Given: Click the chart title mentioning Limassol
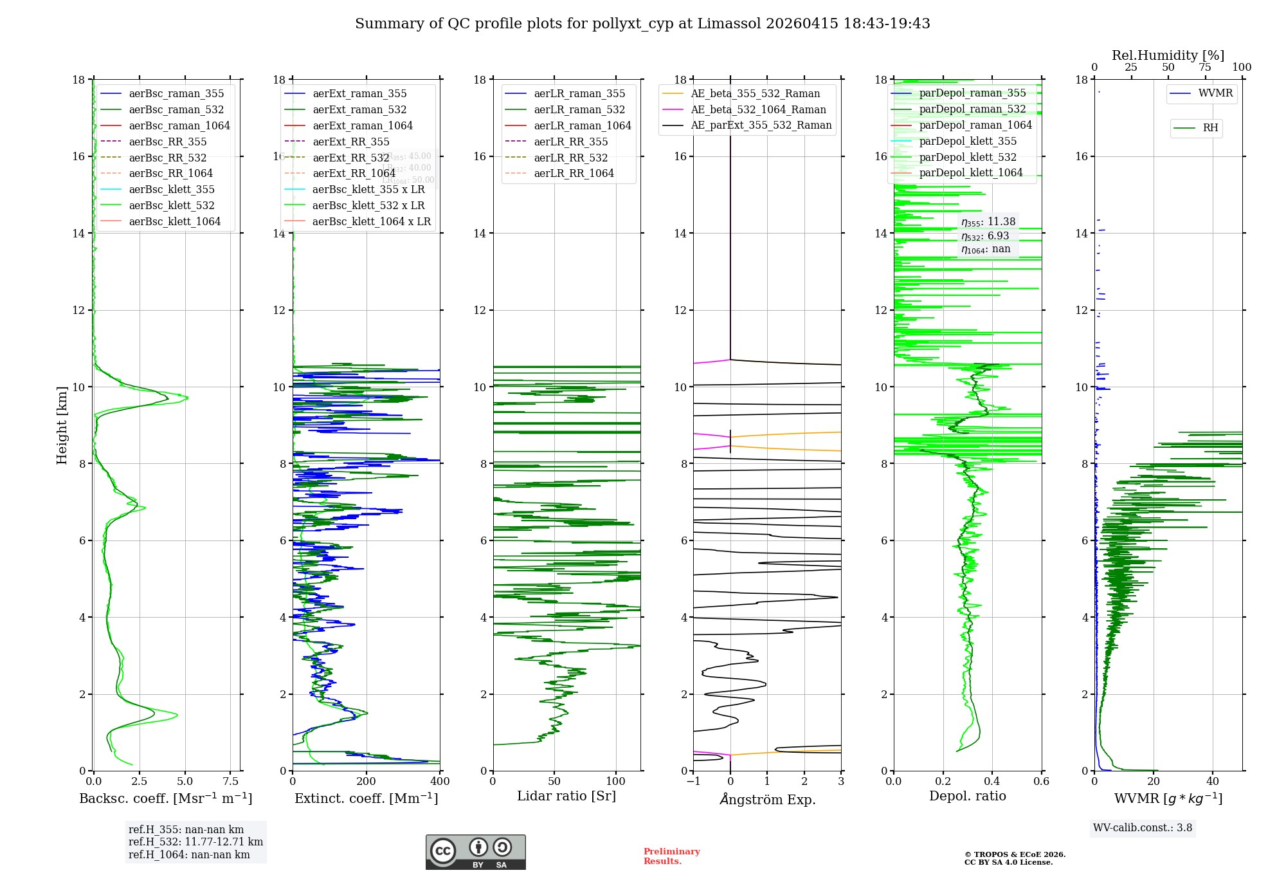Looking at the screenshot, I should coord(642,24).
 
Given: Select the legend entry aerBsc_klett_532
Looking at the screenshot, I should coord(171,205).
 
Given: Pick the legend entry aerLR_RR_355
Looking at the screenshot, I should coord(570,142).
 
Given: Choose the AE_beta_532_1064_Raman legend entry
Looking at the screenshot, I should coord(758,109).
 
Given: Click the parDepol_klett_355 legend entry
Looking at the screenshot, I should coord(968,141).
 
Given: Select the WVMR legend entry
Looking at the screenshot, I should coord(1215,93).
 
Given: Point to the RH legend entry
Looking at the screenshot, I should coord(1210,128).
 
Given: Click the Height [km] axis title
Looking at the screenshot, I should coord(62,425).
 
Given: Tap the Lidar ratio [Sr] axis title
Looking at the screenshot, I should coord(566,797).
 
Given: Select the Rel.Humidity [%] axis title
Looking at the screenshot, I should coord(1168,55).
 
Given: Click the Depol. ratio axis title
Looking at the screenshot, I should coord(968,797).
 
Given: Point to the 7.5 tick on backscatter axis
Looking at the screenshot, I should coord(231,782).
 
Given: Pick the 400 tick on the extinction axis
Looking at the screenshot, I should coord(440,782).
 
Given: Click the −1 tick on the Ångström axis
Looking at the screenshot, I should coord(693,782).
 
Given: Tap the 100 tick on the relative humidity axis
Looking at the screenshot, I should coord(1242,68).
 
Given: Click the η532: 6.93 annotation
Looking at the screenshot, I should coord(985,236).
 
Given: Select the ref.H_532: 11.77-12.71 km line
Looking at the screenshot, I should coord(195,842).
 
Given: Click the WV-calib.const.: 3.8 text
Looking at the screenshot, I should coord(1143,828).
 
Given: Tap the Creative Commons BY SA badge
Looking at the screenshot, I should coord(476,852).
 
